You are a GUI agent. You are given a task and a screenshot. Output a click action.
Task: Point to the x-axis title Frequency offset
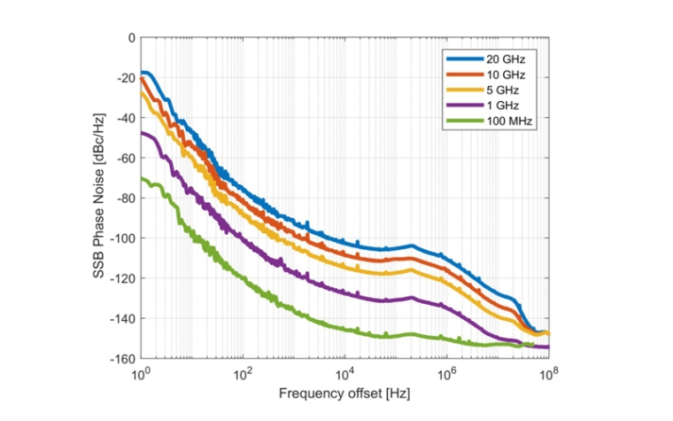(x=344, y=392)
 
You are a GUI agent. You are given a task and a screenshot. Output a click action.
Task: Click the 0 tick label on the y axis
(x=131, y=38)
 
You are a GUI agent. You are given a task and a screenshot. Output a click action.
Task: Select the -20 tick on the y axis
(x=125, y=78)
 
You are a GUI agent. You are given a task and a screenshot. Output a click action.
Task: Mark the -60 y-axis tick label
(x=125, y=158)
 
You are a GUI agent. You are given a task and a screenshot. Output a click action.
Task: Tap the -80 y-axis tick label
(x=125, y=199)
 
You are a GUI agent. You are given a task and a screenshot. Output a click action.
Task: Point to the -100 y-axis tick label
(x=122, y=238)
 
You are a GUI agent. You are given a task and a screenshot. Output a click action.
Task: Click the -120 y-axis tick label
(x=122, y=278)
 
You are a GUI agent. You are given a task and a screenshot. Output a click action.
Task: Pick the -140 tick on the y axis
(x=122, y=318)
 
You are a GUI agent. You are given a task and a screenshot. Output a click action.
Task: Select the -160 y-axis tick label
(x=122, y=358)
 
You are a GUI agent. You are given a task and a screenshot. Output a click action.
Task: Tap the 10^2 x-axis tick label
(x=243, y=373)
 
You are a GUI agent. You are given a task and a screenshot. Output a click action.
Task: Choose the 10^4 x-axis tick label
(x=344, y=373)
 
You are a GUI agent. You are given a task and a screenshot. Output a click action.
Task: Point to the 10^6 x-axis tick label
(x=447, y=373)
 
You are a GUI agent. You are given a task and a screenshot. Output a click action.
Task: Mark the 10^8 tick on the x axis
(x=549, y=373)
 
